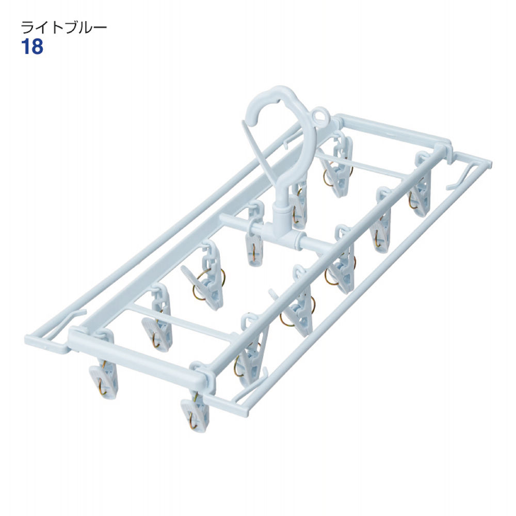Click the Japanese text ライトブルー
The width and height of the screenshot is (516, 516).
(64, 27)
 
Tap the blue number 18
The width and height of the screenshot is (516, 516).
(32, 47)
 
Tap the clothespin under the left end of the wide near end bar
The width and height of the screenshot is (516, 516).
(103, 378)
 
